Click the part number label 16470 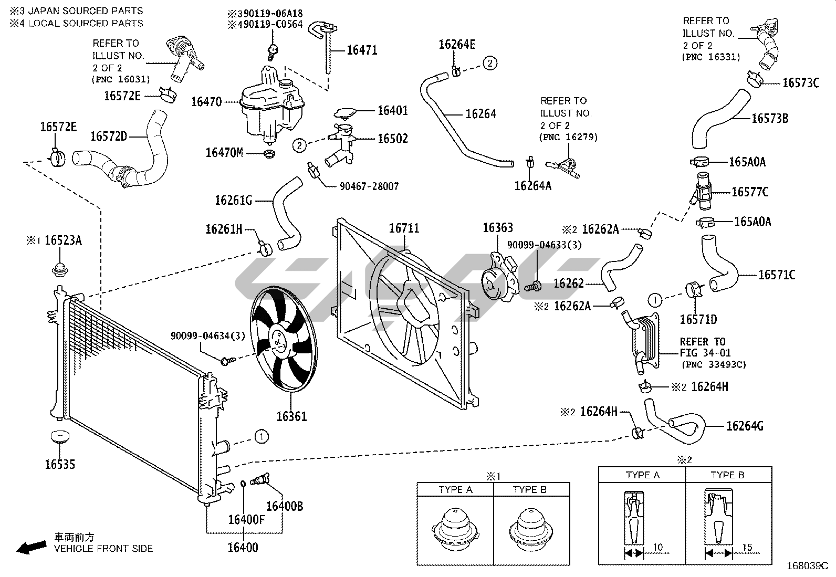pyautogui.click(x=206, y=101)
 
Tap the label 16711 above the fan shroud pyautogui.click(x=404, y=228)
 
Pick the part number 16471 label pyautogui.click(x=362, y=50)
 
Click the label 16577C pyautogui.click(x=750, y=192)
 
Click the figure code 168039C pyautogui.click(x=807, y=566)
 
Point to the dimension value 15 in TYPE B pyautogui.click(x=747, y=548)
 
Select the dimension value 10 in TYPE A pyautogui.click(x=657, y=548)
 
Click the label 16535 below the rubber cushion pyautogui.click(x=60, y=464)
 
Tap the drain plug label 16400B pyautogui.click(x=284, y=506)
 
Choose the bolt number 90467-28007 pyautogui.click(x=369, y=186)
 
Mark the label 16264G pyautogui.click(x=745, y=426)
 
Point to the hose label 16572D pyautogui.click(x=109, y=137)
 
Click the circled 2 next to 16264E pyautogui.click(x=489, y=64)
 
